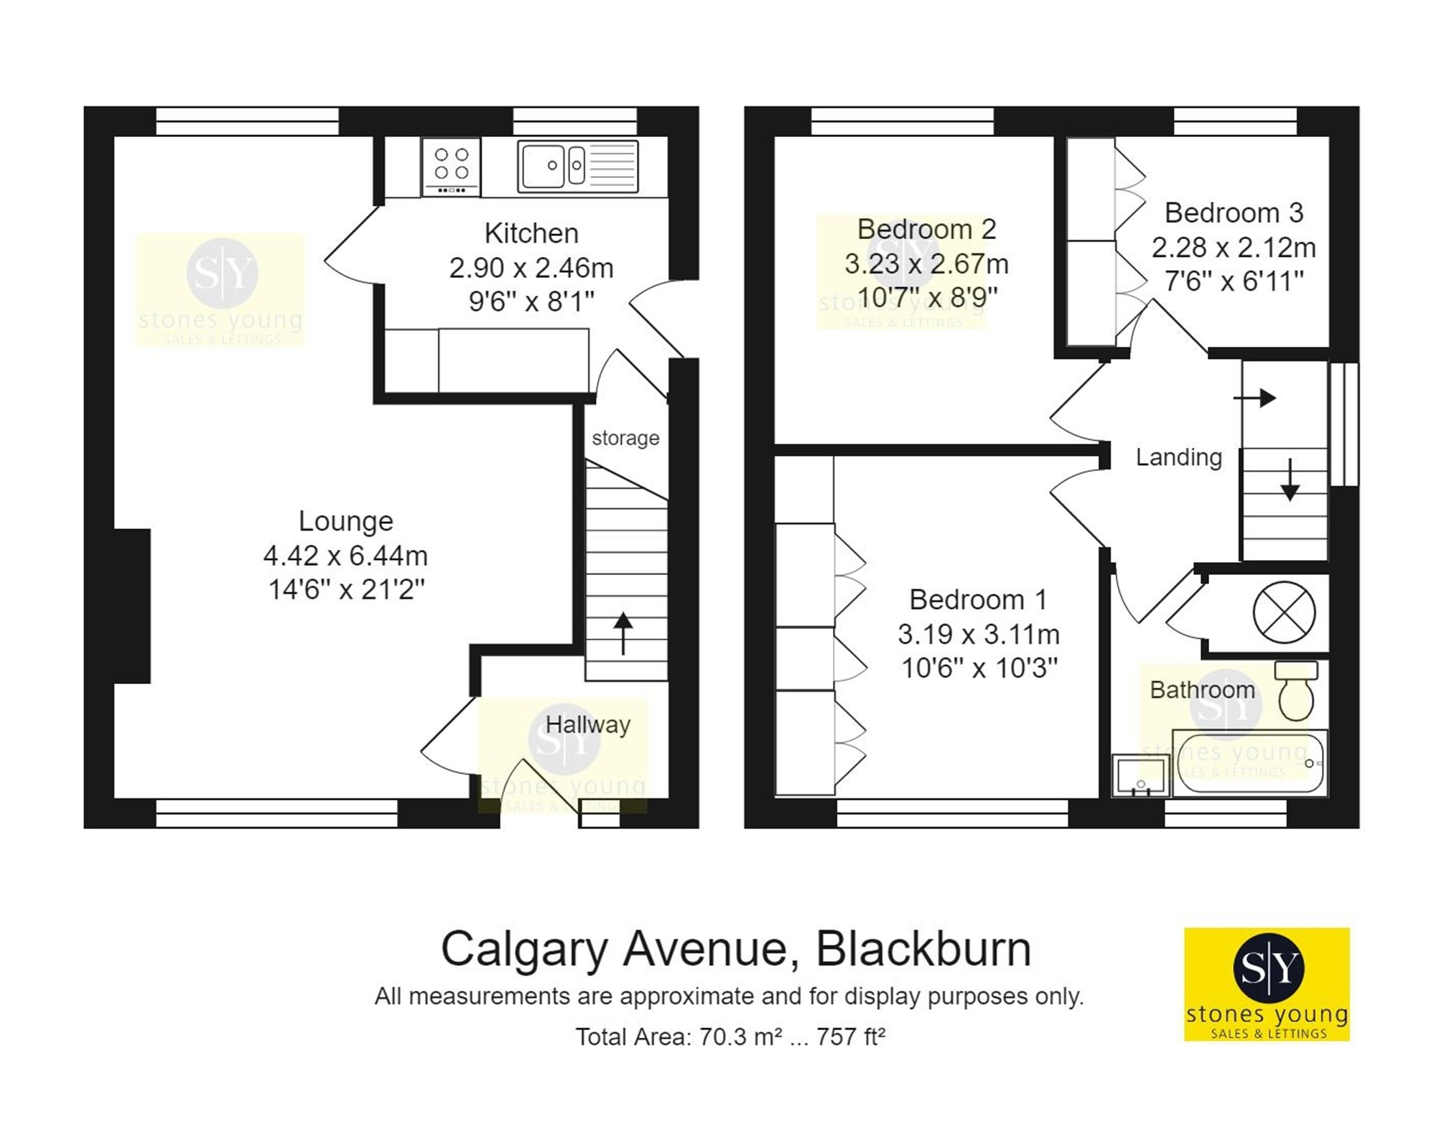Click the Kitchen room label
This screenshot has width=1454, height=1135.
click(x=531, y=233)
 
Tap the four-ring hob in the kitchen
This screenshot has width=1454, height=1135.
click(x=451, y=167)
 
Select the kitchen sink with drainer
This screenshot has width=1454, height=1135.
click(x=577, y=167)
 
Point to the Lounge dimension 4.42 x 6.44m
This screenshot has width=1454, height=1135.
click(x=345, y=556)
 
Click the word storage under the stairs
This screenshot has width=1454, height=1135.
click(x=625, y=438)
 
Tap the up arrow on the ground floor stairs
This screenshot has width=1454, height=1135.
click(x=623, y=633)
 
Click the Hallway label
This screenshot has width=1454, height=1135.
click(x=588, y=725)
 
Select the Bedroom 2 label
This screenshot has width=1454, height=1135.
click(x=926, y=229)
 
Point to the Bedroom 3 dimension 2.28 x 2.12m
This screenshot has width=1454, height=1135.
click(x=1234, y=248)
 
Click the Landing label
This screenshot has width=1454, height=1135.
click(x=1178, y=457)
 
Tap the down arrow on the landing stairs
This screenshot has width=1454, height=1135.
click(x=1290, y=480)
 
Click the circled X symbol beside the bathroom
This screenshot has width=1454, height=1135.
click(x=1284, y=612)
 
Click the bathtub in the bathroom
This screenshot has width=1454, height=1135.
click(x=1250, y=763)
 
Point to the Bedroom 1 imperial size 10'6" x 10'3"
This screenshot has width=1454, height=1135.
click(x=979, y=668)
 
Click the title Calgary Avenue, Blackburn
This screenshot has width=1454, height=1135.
click(x=736, y=949)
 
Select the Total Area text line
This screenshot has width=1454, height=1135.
click(x=730, y=1037)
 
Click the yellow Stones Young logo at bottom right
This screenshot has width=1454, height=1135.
click(x=1267, y=984)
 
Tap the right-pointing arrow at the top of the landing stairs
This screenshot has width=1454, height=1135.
click(x=1254, y=398)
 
